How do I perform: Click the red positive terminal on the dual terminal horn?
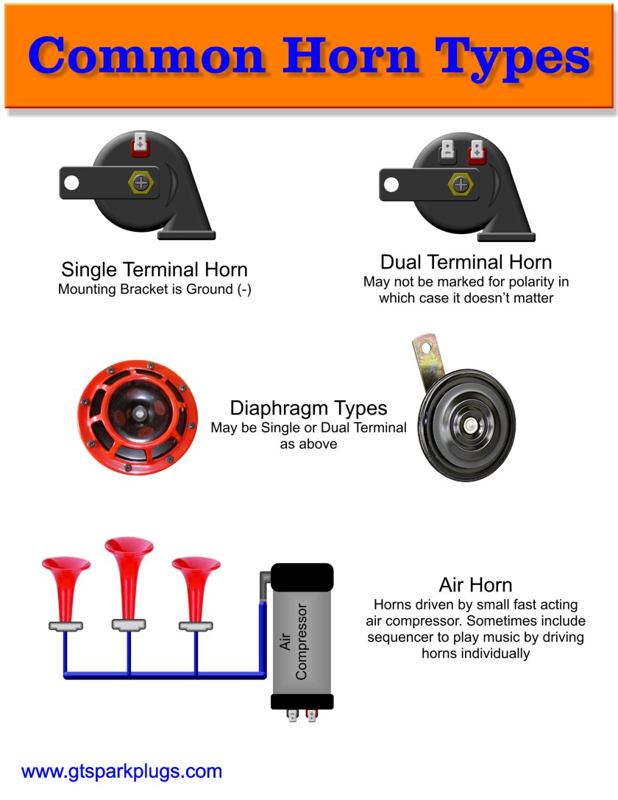pyautogui.click(x=476, y=152)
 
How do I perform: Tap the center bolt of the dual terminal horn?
pyautogui.click(x=460, y=183)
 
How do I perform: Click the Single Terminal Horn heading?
pyautogui.click(x=154, y=269)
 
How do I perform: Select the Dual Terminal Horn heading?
pyautogui.click(x=466, y=261)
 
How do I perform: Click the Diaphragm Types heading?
pyautogui.click(x=308, y=408)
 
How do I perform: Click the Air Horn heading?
pyautogui.click(x=475, y=584)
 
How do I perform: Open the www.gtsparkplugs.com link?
pyautogui.click(x=121, y=771)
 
